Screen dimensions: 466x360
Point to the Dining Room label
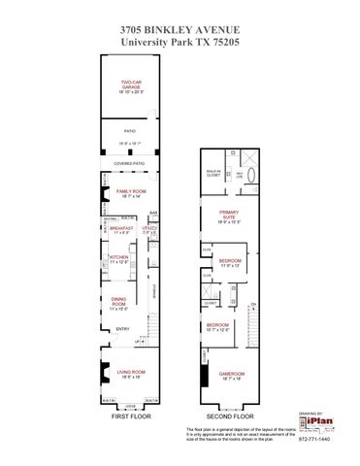coord(118,304)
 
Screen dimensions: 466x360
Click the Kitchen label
coord(118,259)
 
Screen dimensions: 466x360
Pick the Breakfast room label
coord(122,229)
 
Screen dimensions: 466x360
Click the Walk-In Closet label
coord(213,174)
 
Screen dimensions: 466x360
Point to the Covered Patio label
coord(132,164)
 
